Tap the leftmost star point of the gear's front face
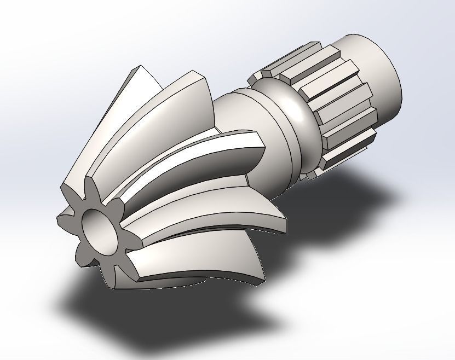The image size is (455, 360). (x=60, y=219)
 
